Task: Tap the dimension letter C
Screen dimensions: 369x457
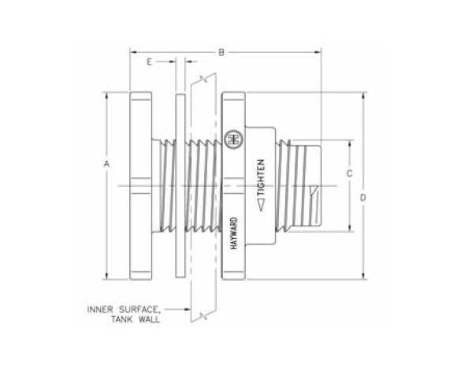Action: (x=347, y=173)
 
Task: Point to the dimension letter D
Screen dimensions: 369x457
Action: (x=363, y=198)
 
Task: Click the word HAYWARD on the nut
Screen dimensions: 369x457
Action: (x=234, y=234)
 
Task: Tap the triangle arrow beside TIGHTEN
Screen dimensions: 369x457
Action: (x=261, y=207)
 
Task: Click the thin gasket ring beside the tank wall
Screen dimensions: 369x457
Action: (x=180, y=186)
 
